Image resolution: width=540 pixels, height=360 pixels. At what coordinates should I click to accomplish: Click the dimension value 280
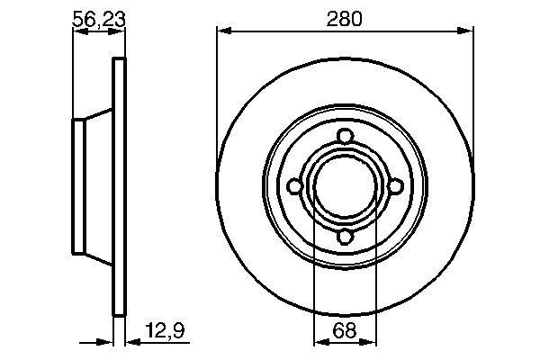(345, 18)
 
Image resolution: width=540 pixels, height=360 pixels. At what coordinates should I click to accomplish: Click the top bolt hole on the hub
(345, 137)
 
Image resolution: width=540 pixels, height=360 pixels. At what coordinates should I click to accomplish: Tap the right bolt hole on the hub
(394, 186)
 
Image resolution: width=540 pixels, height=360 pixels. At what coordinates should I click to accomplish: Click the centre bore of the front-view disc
(345, 186)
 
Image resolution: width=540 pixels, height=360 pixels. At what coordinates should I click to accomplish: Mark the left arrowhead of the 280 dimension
(221, 31)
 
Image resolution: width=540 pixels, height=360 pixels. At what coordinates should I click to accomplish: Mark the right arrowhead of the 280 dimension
(468, 31)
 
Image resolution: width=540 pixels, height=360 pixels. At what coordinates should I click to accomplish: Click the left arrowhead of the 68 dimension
(317, 342)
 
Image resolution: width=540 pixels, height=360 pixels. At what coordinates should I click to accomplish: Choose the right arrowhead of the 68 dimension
(373, 342)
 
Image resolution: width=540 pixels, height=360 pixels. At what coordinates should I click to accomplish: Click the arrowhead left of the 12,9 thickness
(107, 342)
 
